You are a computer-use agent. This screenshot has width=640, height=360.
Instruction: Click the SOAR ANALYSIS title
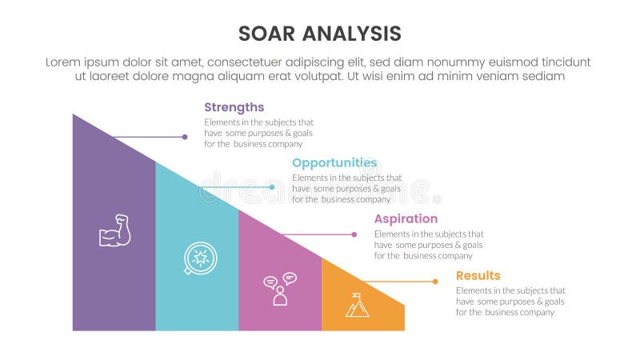(320, 34)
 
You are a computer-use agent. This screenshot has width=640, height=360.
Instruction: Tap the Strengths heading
(234, 107)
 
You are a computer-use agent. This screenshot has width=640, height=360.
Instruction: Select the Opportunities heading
(334, 162)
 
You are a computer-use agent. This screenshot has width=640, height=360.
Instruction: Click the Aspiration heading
(406, 218)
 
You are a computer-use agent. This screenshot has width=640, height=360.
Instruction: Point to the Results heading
(478, 275)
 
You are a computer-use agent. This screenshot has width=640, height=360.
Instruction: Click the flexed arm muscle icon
(114, 230)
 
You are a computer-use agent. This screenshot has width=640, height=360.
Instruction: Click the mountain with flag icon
(358, 305)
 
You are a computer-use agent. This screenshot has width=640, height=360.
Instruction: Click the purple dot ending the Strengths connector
(185, 137)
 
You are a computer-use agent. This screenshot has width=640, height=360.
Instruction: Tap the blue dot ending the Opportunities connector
(272, 187)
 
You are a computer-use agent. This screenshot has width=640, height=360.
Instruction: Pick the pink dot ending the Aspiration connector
(354, 234)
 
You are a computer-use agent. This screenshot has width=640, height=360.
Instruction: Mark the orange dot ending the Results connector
(435, 282)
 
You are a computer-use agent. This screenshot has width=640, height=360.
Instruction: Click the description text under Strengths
(253, 133)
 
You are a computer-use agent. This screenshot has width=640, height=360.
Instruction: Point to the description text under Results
(510, 302)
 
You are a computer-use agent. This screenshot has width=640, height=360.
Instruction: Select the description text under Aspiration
(428, 245)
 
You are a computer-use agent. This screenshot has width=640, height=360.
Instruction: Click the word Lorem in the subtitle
(65, 62)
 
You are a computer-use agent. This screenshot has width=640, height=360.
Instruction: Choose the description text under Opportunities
(346, 189)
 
